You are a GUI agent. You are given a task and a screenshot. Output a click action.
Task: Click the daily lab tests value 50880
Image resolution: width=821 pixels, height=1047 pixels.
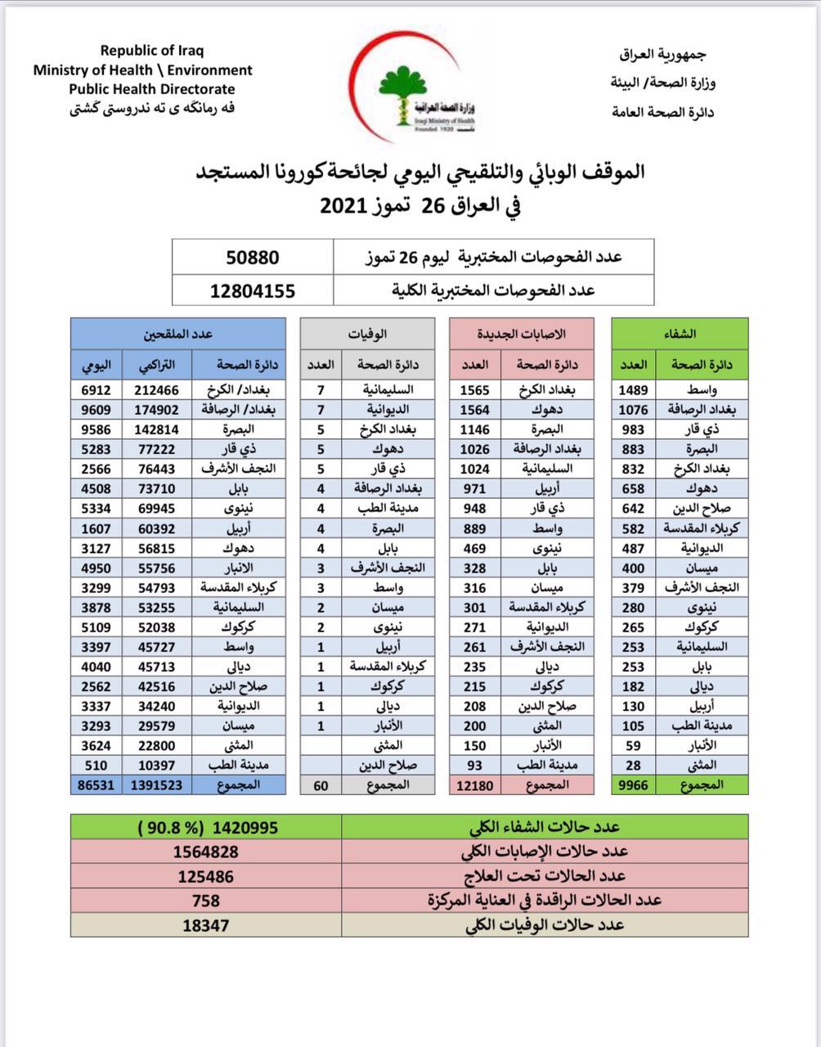coord(252,258)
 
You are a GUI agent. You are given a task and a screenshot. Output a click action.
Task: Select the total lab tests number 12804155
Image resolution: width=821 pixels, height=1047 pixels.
coord(252,290)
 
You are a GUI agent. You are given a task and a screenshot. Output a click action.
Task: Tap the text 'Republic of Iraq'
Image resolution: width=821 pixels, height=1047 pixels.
coord(152,51)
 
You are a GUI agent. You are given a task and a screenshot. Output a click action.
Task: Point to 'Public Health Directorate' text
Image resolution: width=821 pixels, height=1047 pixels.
coord(152,89)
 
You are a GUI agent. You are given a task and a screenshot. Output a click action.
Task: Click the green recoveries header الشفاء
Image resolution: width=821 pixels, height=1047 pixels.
coord(680,334)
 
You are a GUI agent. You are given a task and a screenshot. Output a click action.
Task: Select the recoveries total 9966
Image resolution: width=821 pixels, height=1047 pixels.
coord(633,784)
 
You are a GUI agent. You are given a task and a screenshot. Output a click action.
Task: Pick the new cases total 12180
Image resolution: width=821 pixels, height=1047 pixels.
coord(473,784)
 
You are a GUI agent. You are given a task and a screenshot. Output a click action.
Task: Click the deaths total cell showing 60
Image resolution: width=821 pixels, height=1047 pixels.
coord(321,784)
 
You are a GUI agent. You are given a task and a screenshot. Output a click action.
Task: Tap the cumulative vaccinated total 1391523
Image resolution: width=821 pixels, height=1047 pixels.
coord(156,784)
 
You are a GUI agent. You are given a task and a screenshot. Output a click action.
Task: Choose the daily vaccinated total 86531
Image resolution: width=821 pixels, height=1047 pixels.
coord(96,784)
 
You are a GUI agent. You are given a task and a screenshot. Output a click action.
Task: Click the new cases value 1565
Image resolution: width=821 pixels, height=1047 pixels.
coord(475,390)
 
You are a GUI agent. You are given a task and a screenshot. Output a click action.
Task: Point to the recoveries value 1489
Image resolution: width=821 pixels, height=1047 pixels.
coord(633,390)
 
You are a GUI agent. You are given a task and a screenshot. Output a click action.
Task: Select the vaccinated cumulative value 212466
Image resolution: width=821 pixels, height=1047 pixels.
coord(156,390)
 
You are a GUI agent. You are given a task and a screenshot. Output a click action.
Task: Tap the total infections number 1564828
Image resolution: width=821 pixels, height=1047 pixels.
coord(205,852)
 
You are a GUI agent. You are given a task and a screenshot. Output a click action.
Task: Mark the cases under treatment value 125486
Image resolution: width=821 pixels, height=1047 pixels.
coord(205,876)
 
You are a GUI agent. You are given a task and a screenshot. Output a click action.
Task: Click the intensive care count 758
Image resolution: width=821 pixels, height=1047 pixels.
coord(205,901)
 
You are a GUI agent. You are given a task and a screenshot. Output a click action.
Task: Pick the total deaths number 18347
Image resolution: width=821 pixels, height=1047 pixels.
coord(205,925)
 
